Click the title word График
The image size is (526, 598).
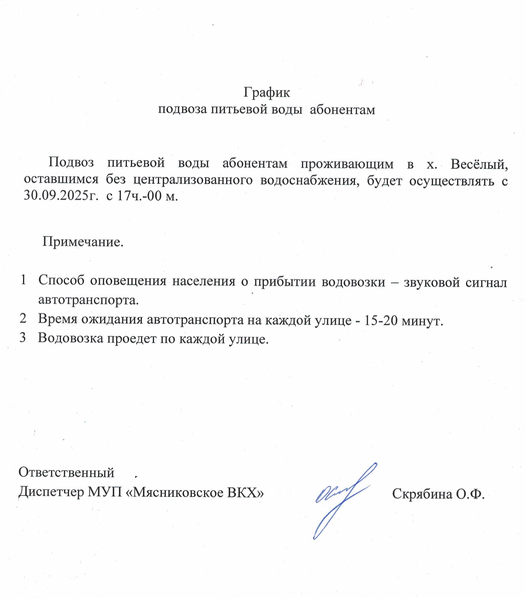pos(266,93)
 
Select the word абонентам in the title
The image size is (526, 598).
pos(342,110)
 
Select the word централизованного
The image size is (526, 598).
pos(193,180)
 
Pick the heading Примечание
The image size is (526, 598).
pos(83,242)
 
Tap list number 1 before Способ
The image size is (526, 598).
pos(23,280)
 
